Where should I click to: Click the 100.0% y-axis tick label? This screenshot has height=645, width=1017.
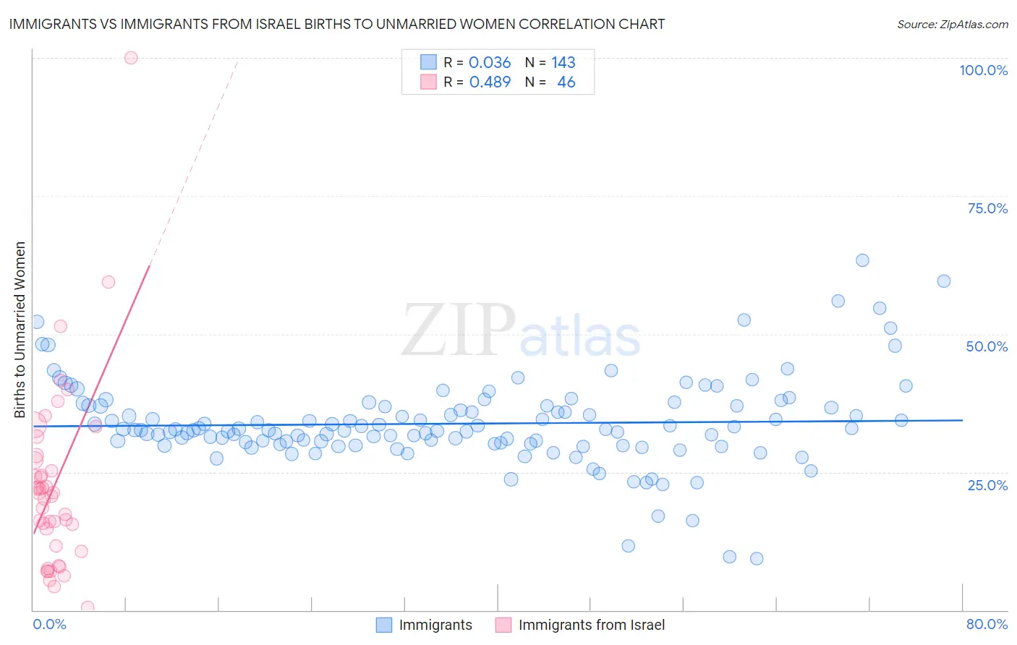click(983, 70)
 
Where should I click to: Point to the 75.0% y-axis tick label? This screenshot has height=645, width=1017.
click(987, 208)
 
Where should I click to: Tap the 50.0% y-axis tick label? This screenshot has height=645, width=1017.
click(987, 346)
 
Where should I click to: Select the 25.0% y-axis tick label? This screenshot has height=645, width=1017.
click(987, 484)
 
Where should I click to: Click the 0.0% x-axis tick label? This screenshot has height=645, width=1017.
click(49, 624)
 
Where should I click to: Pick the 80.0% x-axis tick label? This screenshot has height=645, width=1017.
click(987, 624)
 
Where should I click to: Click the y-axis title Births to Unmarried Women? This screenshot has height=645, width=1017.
click(20, 330)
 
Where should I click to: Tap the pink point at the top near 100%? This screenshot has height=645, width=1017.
click(131, 58)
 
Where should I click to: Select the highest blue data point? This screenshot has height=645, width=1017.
click(862, 260)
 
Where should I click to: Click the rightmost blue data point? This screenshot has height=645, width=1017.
click(944, 281)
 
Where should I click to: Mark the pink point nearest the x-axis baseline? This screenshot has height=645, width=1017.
click(88, 607)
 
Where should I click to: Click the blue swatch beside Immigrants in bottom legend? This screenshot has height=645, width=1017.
click(384, 625)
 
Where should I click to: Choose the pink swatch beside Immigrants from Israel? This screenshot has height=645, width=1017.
click(503, 625)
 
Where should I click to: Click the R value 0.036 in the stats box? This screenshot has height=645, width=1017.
click(490, 63)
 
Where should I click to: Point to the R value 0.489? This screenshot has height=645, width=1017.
click(490, 82)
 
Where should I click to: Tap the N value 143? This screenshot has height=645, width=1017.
click(563, 63)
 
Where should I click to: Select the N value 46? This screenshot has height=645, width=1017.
click(566, 82)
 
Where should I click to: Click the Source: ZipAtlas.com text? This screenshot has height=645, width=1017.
click(952, 25)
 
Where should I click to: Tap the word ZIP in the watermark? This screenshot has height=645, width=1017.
click(459, 330)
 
